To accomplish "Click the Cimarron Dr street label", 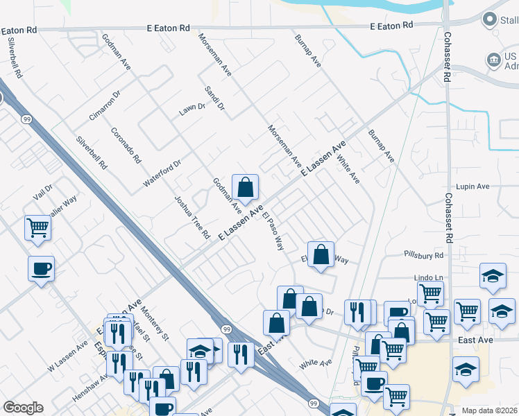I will point(105,104).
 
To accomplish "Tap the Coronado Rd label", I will point(126,145).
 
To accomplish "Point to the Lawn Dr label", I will point(192,108).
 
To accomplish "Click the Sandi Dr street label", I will point(214,98).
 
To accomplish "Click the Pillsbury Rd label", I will point(425,256).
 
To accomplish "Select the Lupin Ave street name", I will point(473,187).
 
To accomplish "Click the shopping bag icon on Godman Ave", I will point(245,187).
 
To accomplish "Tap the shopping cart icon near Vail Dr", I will point(37,227).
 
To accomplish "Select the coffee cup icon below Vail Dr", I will point(41,268).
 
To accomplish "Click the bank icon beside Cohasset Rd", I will point(495,60).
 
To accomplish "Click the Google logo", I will point(23,408).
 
